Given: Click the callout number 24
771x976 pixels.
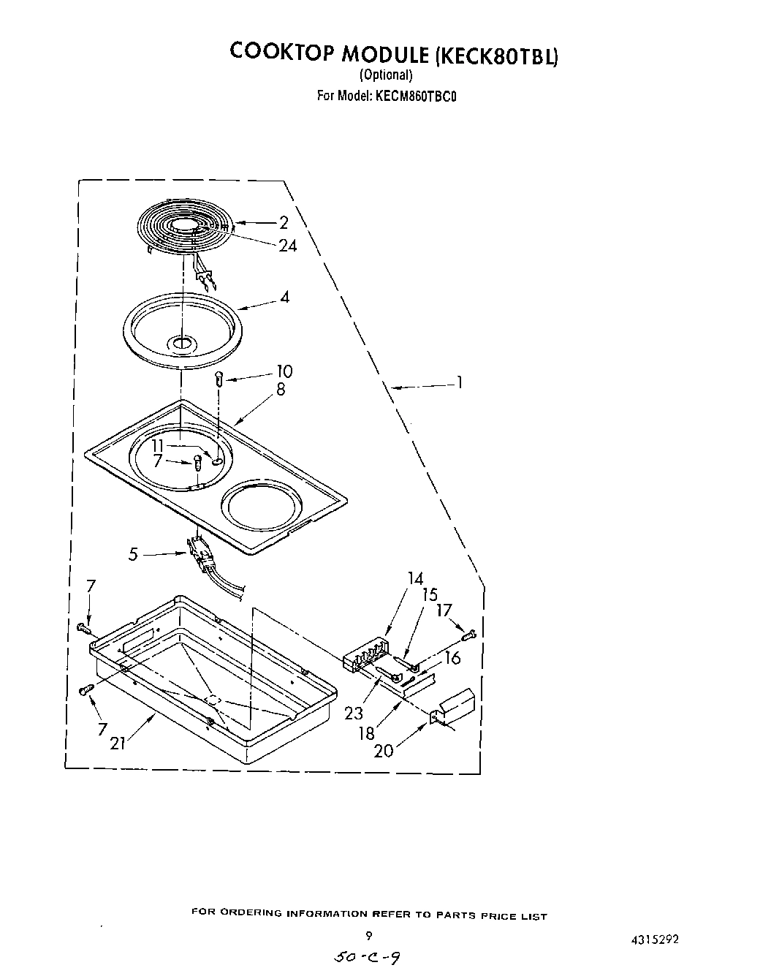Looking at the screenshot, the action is click(x=288, y=246).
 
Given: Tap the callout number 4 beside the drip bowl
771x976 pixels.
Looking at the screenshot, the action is click(x=284, y=297).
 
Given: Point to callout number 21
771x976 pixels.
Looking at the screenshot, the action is click(x=118, y=744).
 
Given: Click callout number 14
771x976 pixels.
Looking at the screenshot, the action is click(x=415, y=579).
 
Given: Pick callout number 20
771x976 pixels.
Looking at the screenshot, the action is click(x=383, y=750).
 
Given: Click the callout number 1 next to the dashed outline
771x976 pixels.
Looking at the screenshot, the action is click(x=459, y=382).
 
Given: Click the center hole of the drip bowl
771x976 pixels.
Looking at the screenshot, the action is click(x=180, y=342).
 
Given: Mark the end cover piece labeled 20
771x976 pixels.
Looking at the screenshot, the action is click(x=454, y=708).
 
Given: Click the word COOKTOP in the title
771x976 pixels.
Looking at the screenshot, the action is click(x=277, y=52).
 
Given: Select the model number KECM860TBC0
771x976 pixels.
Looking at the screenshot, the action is click(x=416, y=95).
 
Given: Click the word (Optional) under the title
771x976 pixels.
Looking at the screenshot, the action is click(x=386, y=75).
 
